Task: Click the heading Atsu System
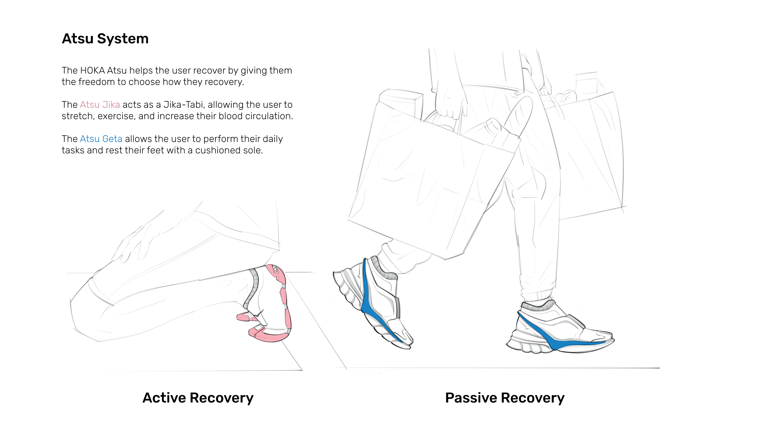(x=105, y=39)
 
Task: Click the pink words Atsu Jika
(x=100, y=105)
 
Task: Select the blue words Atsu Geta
(x=101, y=139)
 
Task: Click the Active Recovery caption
(x=198, y=398)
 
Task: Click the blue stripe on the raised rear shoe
(x=369, y=301)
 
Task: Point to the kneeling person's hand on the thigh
(x=133, y=245)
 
